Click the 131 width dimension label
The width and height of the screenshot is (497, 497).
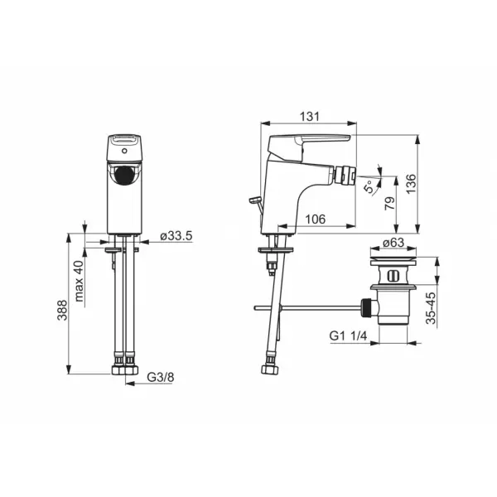coord(309,116)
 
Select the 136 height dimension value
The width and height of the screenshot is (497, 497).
coord(411,184)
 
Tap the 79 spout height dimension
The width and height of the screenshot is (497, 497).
coord(389,203)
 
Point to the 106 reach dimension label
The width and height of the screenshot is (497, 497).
coord(315,219)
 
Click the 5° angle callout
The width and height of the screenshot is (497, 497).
coord(369,186)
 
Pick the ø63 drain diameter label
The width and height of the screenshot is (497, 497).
coord(393,243)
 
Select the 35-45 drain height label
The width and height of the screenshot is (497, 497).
coord(431,308)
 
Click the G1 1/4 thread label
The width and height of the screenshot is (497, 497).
coord(348,335)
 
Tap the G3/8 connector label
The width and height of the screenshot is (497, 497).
coord(161,377)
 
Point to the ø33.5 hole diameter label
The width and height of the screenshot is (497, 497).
coord(176,236)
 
